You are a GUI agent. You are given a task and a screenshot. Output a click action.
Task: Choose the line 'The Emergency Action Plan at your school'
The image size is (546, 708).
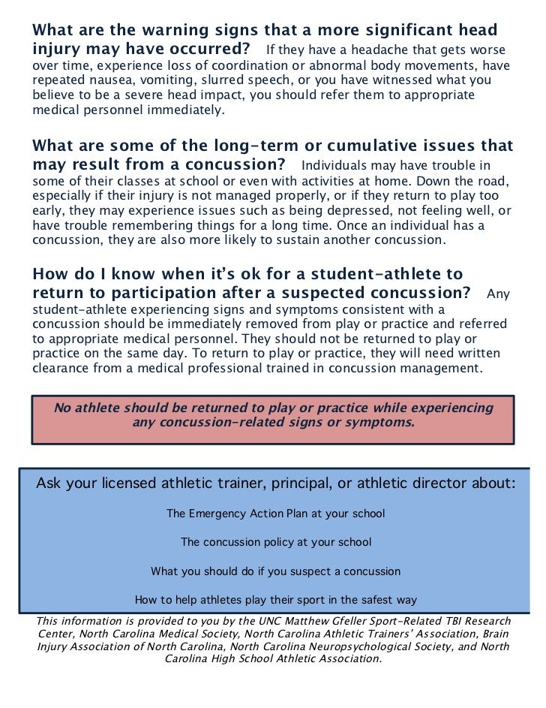275,514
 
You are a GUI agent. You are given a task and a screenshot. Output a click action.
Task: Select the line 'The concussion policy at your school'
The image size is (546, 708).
275,542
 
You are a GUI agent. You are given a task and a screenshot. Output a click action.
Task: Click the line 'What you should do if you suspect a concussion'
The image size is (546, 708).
275,571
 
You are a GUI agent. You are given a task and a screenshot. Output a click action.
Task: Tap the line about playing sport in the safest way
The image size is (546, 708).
275,600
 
